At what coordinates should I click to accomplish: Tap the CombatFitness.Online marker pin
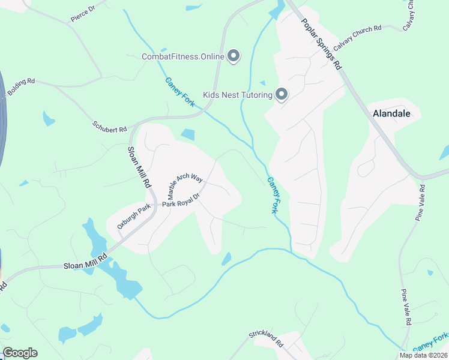[234, 57]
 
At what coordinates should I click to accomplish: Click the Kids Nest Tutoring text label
[237, 95]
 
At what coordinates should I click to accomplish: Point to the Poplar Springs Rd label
[321, 43]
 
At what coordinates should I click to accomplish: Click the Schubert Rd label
[110, 127]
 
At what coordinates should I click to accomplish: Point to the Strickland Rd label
[266, 339]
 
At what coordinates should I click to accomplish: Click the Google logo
[20, 352]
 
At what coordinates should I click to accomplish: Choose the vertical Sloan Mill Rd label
[139, 168]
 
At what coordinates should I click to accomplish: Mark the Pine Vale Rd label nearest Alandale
[421, 203]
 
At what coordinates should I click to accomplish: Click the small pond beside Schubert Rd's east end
[187, 135]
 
